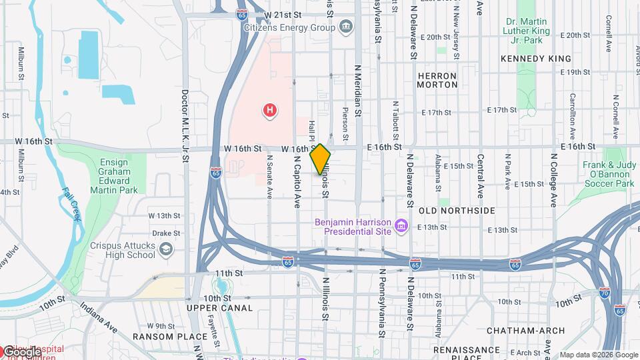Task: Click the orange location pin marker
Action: (x=320, y=159)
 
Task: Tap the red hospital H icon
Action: (x=269, y=110)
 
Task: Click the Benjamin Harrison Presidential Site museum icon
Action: (x=401, y=227)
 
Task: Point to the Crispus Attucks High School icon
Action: (x=166, y=250)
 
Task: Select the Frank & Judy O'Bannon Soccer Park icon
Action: (x=609, y=165)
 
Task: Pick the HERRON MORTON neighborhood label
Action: (x=437, y=80)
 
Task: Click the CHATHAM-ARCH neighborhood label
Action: (x=525, y=331)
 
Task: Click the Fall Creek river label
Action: (x=71, y=204)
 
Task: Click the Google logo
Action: (x=21, y=351)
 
